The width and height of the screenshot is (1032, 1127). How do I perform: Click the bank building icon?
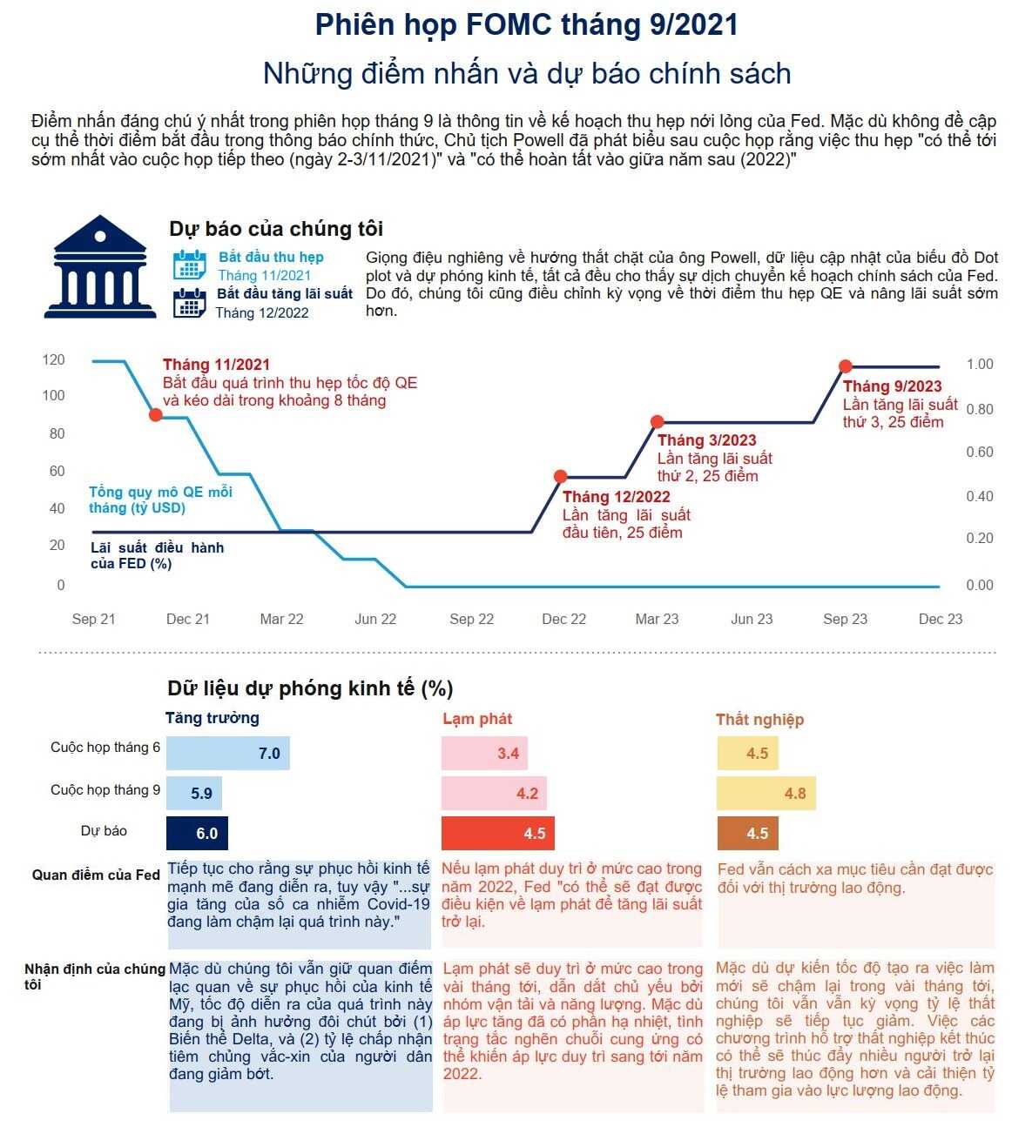(x=99, y=267)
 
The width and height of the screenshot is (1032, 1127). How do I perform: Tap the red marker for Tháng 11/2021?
(x=156, y=415)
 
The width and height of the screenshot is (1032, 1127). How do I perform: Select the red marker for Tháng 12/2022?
(x=561, y=477)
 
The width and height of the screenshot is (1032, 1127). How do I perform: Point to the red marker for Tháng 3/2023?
(x=658, y=422)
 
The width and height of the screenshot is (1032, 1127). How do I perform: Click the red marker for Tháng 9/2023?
(x=845, y=366)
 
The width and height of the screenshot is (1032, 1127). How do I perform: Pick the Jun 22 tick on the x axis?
(x=375, y=619)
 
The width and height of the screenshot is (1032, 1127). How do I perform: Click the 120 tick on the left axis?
(x=54, y=359)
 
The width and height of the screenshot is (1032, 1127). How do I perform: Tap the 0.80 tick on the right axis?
(x=979, y=409)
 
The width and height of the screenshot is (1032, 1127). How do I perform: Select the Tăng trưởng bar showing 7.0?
(x=227, y=753)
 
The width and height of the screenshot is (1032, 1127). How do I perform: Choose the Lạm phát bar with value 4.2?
(x=494, y=794)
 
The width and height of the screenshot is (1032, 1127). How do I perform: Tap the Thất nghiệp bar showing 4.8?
(x=766, y=794)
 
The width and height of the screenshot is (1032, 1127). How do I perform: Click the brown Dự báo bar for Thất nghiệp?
(x=747, y=833)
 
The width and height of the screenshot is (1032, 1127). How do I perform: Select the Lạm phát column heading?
(x=477, y=719)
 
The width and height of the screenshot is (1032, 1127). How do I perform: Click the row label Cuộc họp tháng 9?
(x=105, y=790)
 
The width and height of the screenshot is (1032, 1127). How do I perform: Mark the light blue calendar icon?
(x=189, y=265)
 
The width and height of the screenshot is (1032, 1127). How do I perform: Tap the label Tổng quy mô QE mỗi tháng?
(x=160, y=500)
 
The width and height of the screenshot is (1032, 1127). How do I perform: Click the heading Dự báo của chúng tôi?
(x=276, y=229)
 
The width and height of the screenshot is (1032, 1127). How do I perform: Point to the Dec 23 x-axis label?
(x=941, y=619)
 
